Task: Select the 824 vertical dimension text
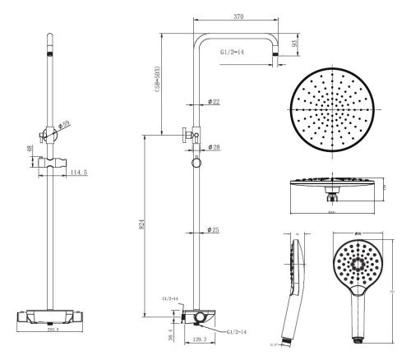coord(145,221)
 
